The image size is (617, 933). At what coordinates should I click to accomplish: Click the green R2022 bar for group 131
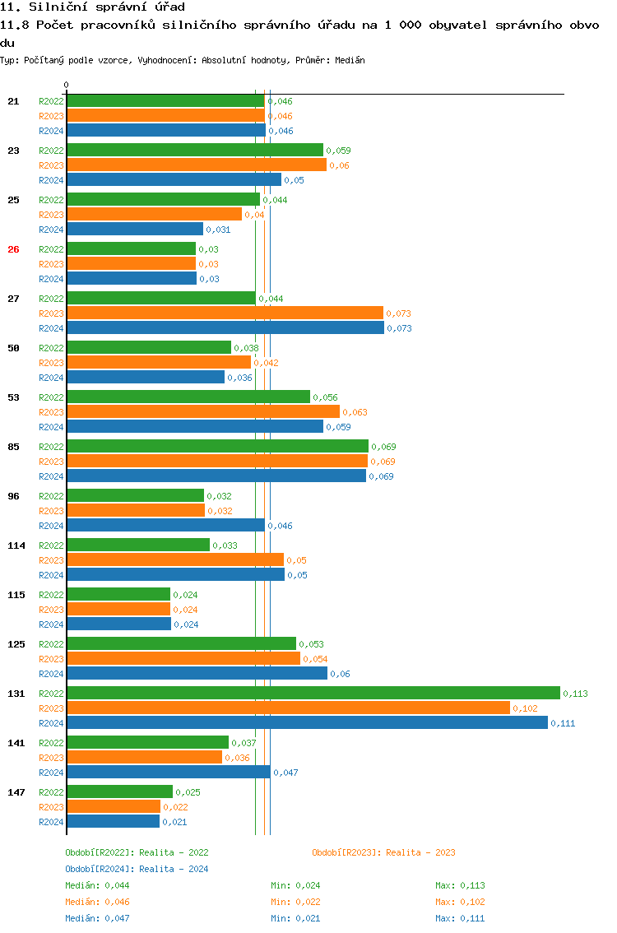point(313,693)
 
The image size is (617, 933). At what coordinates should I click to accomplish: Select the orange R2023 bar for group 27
point(225,313)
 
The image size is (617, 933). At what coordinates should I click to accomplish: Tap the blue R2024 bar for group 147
point(113,821)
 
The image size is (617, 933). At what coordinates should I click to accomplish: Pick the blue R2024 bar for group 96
point(165,525)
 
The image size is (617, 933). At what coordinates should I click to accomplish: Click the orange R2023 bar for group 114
point(174,559)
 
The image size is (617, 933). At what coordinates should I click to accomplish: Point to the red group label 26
point(13,249)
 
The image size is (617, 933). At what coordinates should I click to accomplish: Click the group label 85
point(13,447)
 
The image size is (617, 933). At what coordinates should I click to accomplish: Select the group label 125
point(16,644)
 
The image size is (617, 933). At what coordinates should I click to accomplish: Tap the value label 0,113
point(575,694)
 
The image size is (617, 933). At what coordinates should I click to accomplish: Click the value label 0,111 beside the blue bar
point(563,723)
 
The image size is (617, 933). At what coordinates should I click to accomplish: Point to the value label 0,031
point(218,230)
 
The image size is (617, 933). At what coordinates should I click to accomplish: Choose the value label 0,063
point(355,412)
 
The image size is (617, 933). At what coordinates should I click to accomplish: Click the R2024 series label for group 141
point(51,773)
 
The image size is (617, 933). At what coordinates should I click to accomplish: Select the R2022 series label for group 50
point(51,348)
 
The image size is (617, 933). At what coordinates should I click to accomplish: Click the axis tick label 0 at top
point(67,85)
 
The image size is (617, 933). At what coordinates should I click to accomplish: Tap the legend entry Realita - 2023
point(383,852)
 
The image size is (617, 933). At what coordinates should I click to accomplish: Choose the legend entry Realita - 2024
point(137,869)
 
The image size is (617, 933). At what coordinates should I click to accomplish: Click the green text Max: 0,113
point(460,885)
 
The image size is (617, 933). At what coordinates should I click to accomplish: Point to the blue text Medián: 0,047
point(97,918)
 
